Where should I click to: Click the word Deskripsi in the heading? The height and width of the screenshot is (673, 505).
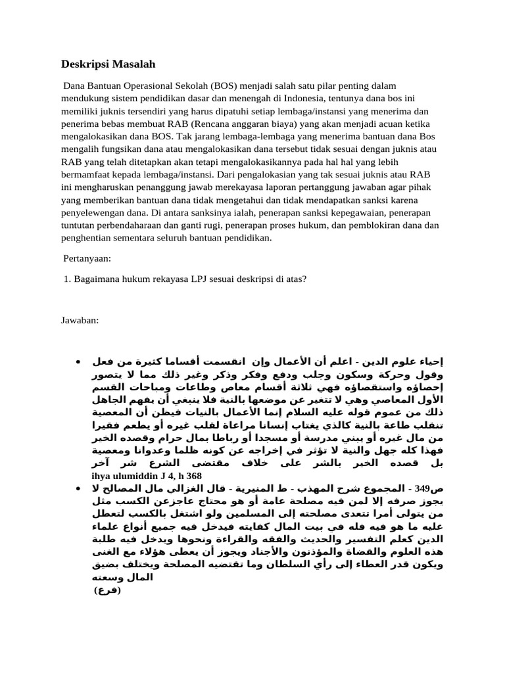pos(85,64)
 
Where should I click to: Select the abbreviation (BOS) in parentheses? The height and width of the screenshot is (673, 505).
pos(226,86)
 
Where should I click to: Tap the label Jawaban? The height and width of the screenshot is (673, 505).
pos(80,320)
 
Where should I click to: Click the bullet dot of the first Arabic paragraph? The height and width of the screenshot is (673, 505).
pos(78,362)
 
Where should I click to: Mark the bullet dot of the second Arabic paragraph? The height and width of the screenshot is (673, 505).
pos(78,488)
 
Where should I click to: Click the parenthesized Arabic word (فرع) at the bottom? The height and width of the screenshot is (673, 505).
pos(108,590)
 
